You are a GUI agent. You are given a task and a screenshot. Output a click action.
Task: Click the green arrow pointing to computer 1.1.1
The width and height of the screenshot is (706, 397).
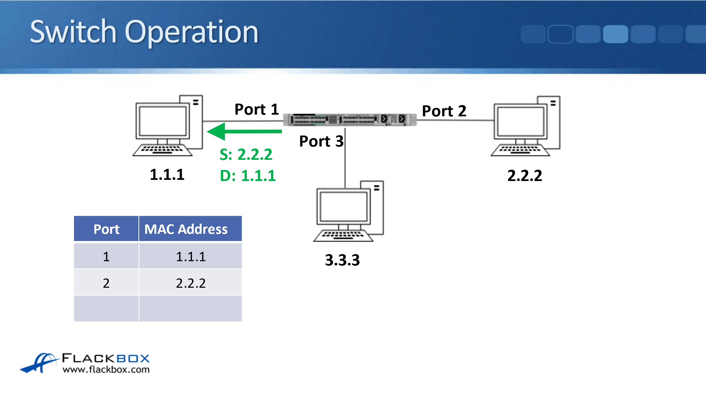(x=244, y=131)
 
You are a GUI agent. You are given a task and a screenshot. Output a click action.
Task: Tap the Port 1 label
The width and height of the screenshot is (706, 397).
(x=256, y=110)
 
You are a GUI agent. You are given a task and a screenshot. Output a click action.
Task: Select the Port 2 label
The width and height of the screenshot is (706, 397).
(x=444, y=111)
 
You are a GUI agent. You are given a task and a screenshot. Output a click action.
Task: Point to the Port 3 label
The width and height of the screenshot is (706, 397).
(x=321, y=141)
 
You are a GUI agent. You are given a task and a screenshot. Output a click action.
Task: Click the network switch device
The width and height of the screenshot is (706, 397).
(x=350, y=120)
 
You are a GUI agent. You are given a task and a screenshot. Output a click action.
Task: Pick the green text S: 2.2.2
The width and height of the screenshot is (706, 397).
(x=246, y=154)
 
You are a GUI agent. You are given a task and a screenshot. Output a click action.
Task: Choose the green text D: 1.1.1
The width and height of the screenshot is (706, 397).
(x=248, y=176)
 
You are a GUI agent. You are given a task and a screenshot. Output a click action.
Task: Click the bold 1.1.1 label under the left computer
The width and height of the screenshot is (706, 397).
(x=167, y=174)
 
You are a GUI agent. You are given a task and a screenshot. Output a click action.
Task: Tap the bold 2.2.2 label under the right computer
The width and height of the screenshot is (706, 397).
(x=525, y=176)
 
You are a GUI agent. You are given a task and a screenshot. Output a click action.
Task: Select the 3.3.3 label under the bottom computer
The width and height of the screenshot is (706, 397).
(x=342, y=260)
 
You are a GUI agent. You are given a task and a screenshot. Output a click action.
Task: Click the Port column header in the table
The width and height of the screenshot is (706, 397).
(x=106, y=229)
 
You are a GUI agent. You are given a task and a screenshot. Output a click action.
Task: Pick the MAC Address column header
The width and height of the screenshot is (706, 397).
(x=186, y=229)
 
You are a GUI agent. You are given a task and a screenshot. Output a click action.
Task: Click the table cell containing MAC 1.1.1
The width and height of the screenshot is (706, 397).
(x=191, y=256)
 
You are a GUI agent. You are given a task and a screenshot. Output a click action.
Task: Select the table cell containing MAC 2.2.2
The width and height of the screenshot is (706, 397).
(x=191, y=283)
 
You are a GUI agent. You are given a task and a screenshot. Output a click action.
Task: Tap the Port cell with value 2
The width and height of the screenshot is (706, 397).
(x=106, y=283)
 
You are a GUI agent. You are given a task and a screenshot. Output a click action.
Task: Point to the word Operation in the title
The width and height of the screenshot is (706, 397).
(x=191, y=32)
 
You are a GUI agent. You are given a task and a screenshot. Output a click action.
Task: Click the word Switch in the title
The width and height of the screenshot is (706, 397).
(x=73, y=32)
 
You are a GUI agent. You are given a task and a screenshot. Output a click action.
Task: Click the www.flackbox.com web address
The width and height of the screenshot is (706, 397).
(x=106, y=369)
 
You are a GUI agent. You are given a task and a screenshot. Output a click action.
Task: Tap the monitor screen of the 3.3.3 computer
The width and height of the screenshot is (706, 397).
(x=343, y=206)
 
